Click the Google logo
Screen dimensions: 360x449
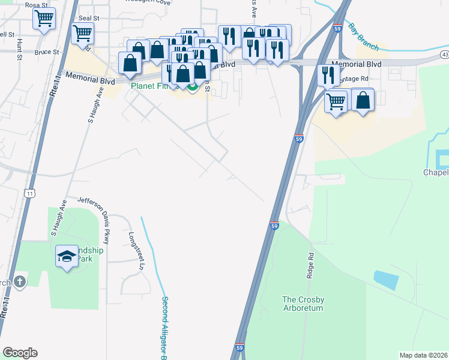coord(20,353)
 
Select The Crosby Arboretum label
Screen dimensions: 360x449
coord(303,304)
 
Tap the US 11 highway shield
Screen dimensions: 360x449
coord(29,193)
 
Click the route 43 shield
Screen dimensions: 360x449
coord(444,55)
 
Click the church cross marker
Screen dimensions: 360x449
coord(19,281)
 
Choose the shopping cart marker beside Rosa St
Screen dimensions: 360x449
coord(44,19)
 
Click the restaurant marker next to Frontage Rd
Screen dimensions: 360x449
coord(327,74)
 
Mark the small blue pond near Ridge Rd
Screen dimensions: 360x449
coord(385,280)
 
